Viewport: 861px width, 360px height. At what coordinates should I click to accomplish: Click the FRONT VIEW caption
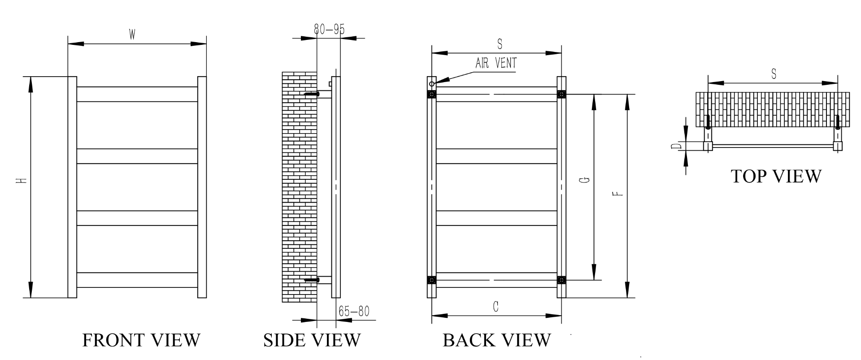tap(141, 340)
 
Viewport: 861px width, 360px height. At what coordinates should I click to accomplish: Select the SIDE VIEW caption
tap(312, 340)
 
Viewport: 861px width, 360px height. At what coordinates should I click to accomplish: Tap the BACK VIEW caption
tap(496, 340)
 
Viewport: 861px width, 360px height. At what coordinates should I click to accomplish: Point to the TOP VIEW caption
tap(776, 176)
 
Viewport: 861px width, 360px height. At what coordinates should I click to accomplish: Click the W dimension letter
tap(132, 35)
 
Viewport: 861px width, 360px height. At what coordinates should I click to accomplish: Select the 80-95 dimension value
tap(329, 30)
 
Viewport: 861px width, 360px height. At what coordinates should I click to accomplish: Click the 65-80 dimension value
tap(354, 311)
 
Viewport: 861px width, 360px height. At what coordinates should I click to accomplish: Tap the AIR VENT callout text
tap(496, 63)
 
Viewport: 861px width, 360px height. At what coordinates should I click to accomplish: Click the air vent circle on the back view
tap(432, 84)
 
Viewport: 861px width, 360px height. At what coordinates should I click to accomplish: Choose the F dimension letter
tap(618, 194)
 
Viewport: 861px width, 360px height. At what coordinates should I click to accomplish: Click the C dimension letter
tap(496, 307)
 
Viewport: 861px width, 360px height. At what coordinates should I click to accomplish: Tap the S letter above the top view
tap(774, 74)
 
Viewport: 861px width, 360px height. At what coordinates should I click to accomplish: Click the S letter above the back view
tap(500, 44)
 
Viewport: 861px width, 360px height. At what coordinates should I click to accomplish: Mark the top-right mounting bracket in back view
tap(561, 94)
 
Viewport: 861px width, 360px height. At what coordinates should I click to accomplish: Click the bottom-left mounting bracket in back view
tap(431, 280)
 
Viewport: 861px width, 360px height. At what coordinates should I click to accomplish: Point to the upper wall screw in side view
tap(311, 94)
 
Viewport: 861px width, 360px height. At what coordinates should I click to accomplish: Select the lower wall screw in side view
tap(311, 280)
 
